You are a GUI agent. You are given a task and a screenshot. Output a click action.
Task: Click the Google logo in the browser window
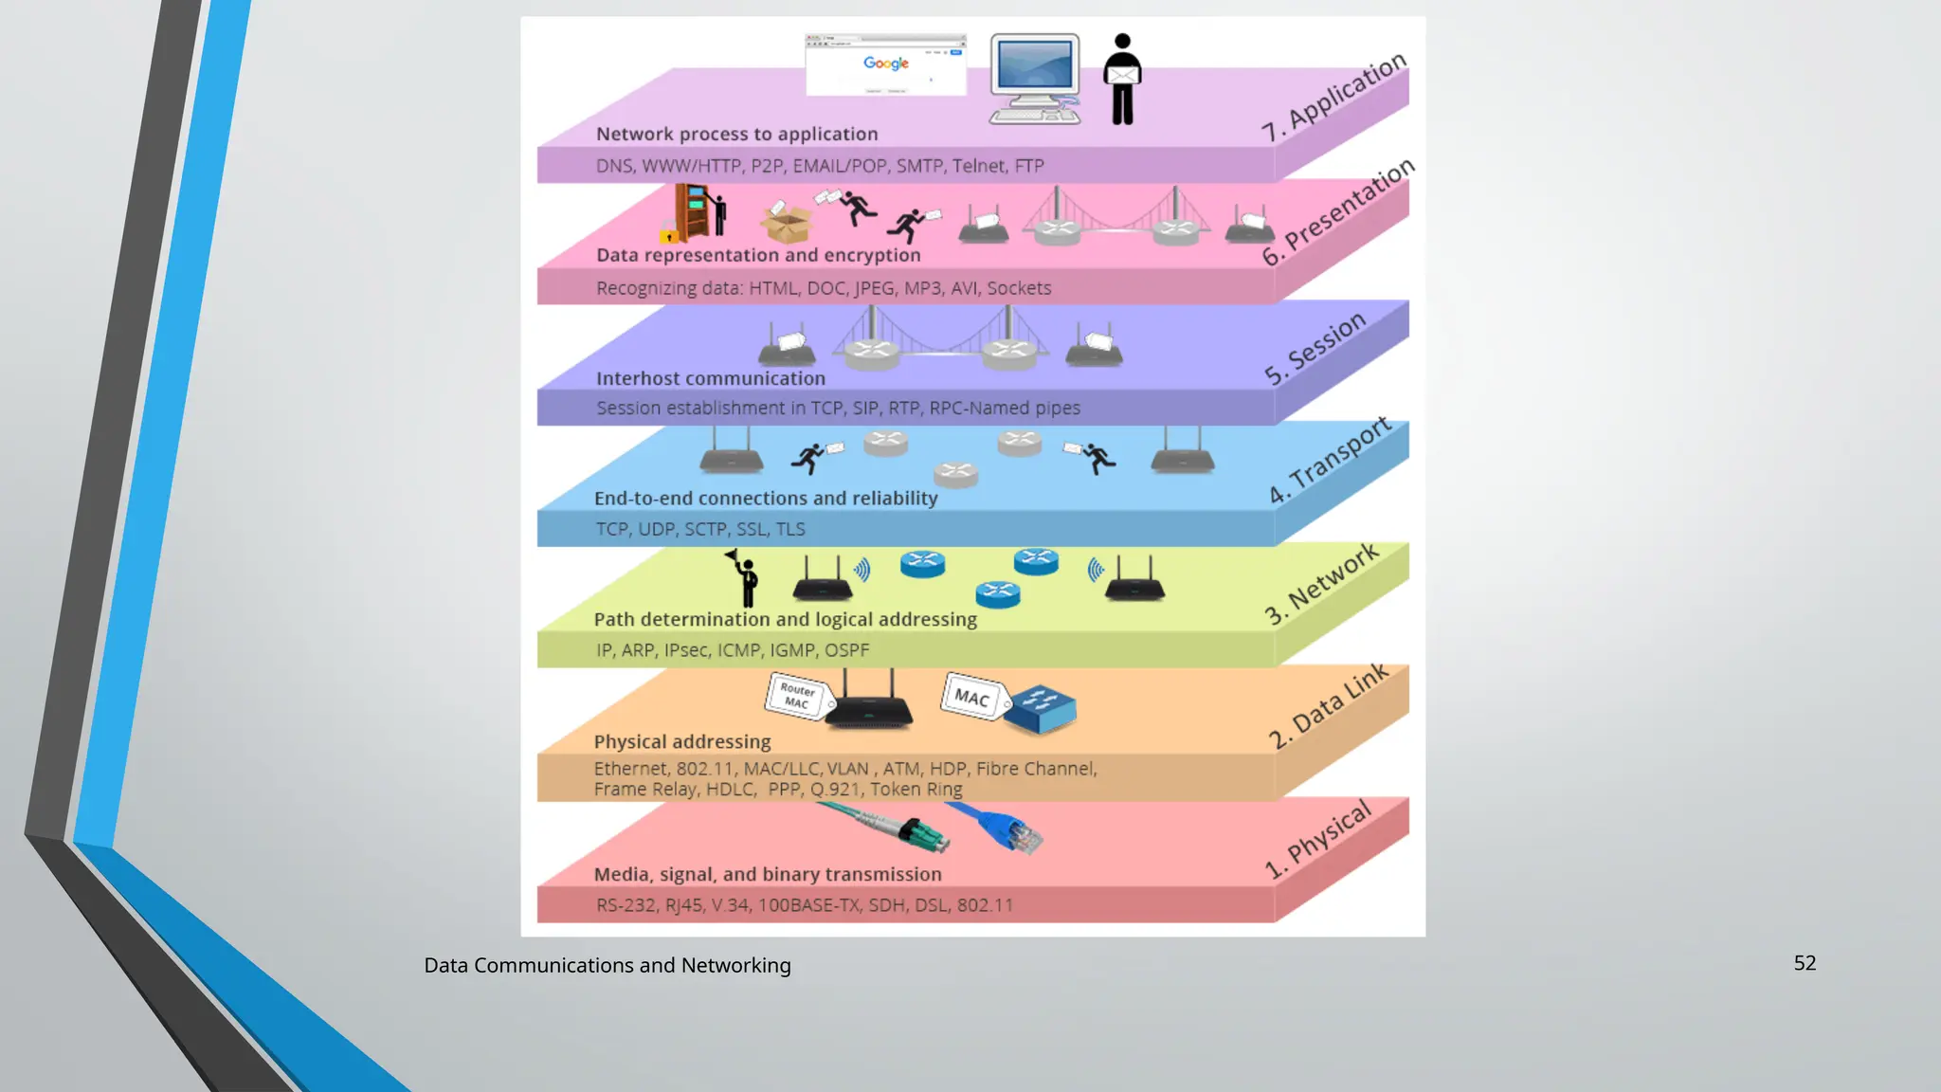click(886, 64)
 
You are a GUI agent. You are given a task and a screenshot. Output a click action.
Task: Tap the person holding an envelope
click(1122, 80)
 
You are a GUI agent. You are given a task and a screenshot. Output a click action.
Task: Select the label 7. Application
click(1334, 98)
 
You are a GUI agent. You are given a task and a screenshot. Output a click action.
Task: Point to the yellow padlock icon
click(669, 233)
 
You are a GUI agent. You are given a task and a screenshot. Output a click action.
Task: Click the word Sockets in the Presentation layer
click(1019, 288)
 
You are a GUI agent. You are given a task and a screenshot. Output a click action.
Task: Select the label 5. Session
click(1315, 349)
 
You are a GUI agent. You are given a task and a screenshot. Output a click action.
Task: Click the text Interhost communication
click(711, 378)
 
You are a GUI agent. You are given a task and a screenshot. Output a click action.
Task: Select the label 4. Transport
click(1330, 461)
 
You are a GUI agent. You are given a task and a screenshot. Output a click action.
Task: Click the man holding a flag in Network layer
click(746, 578)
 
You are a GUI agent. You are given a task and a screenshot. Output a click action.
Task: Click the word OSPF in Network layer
click(846, 650)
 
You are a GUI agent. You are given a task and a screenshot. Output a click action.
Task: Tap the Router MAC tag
click(797, 697)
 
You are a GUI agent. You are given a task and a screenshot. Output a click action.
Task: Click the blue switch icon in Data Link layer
click(1041, 708)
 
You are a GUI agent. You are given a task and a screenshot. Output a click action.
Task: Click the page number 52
click(1805, 963)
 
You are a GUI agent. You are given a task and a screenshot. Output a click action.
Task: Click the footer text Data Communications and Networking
click(607, 965)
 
